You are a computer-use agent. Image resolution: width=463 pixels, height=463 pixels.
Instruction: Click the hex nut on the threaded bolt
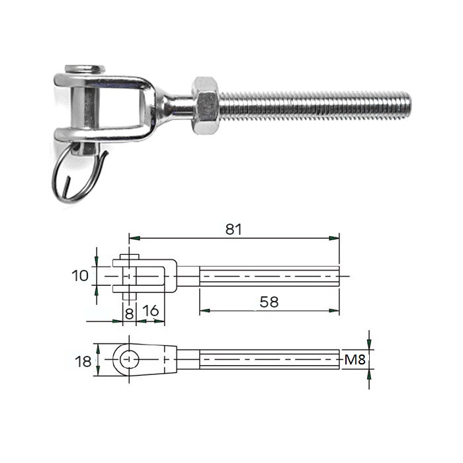pos(206,106)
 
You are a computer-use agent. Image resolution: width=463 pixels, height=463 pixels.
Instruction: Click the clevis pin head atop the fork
pos(85,69)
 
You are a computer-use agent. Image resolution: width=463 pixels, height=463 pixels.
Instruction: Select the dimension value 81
pos(233,230)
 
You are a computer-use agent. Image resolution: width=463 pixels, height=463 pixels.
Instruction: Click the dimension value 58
pos(269,302)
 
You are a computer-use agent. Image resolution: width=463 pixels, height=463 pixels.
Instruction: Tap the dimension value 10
pos(80,276)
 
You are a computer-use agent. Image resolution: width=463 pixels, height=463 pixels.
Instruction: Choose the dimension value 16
pos(151,311)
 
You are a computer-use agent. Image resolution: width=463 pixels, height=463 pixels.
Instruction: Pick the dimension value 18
pos(83,361)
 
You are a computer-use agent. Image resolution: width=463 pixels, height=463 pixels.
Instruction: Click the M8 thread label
pos(355,360)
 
